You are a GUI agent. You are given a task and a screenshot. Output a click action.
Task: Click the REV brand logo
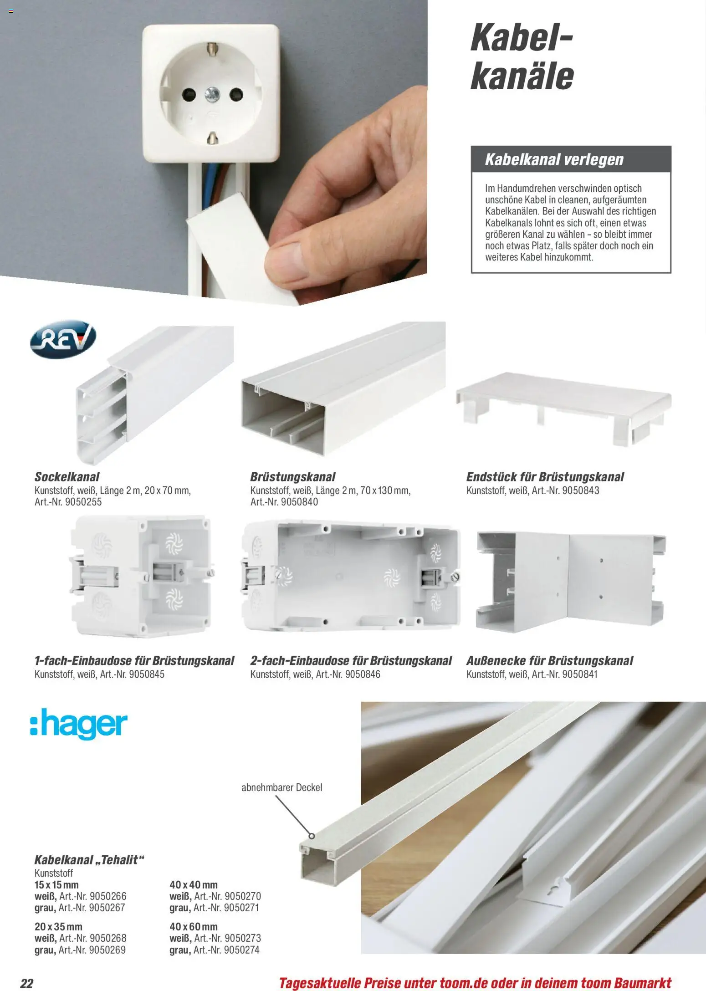pyautogui.click(x=63, y=339)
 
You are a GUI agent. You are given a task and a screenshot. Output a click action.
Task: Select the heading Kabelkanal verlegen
pyautogui.click(x=554, y=159)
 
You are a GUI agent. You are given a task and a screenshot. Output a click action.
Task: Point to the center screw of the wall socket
pyautogui.click(x=212, y=95)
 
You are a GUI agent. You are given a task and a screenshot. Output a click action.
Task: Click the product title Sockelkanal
pyautogui.click(x=67, y=476)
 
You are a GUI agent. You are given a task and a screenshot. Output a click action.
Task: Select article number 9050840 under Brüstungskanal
pyautogui.click(x=300, y=502)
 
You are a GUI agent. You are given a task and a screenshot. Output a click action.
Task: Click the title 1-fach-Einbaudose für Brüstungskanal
pyautogui.click(x=134, y=660)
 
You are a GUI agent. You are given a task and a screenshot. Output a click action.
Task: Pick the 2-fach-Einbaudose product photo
pyautogui.click(x=351, y=576)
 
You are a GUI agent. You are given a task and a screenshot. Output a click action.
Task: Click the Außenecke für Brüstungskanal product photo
pyautogui.click(x=570, y=583)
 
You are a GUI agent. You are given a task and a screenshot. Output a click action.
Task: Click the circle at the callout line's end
pyautogui.click(x=312, y=836)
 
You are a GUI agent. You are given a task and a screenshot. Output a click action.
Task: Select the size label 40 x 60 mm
pyautogui.click(x=194, y=926)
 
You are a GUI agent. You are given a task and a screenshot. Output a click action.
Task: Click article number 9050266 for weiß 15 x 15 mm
pyautogui.click(x=108, y=896)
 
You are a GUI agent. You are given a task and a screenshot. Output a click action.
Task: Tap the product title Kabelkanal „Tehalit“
pyautogui.click(x=89, y=859)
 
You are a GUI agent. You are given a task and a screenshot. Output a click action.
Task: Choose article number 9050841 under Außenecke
pyautogui.click(x=580, y=674)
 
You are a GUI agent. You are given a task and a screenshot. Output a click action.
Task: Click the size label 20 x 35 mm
pyautogui.click(x=58, y=926)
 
